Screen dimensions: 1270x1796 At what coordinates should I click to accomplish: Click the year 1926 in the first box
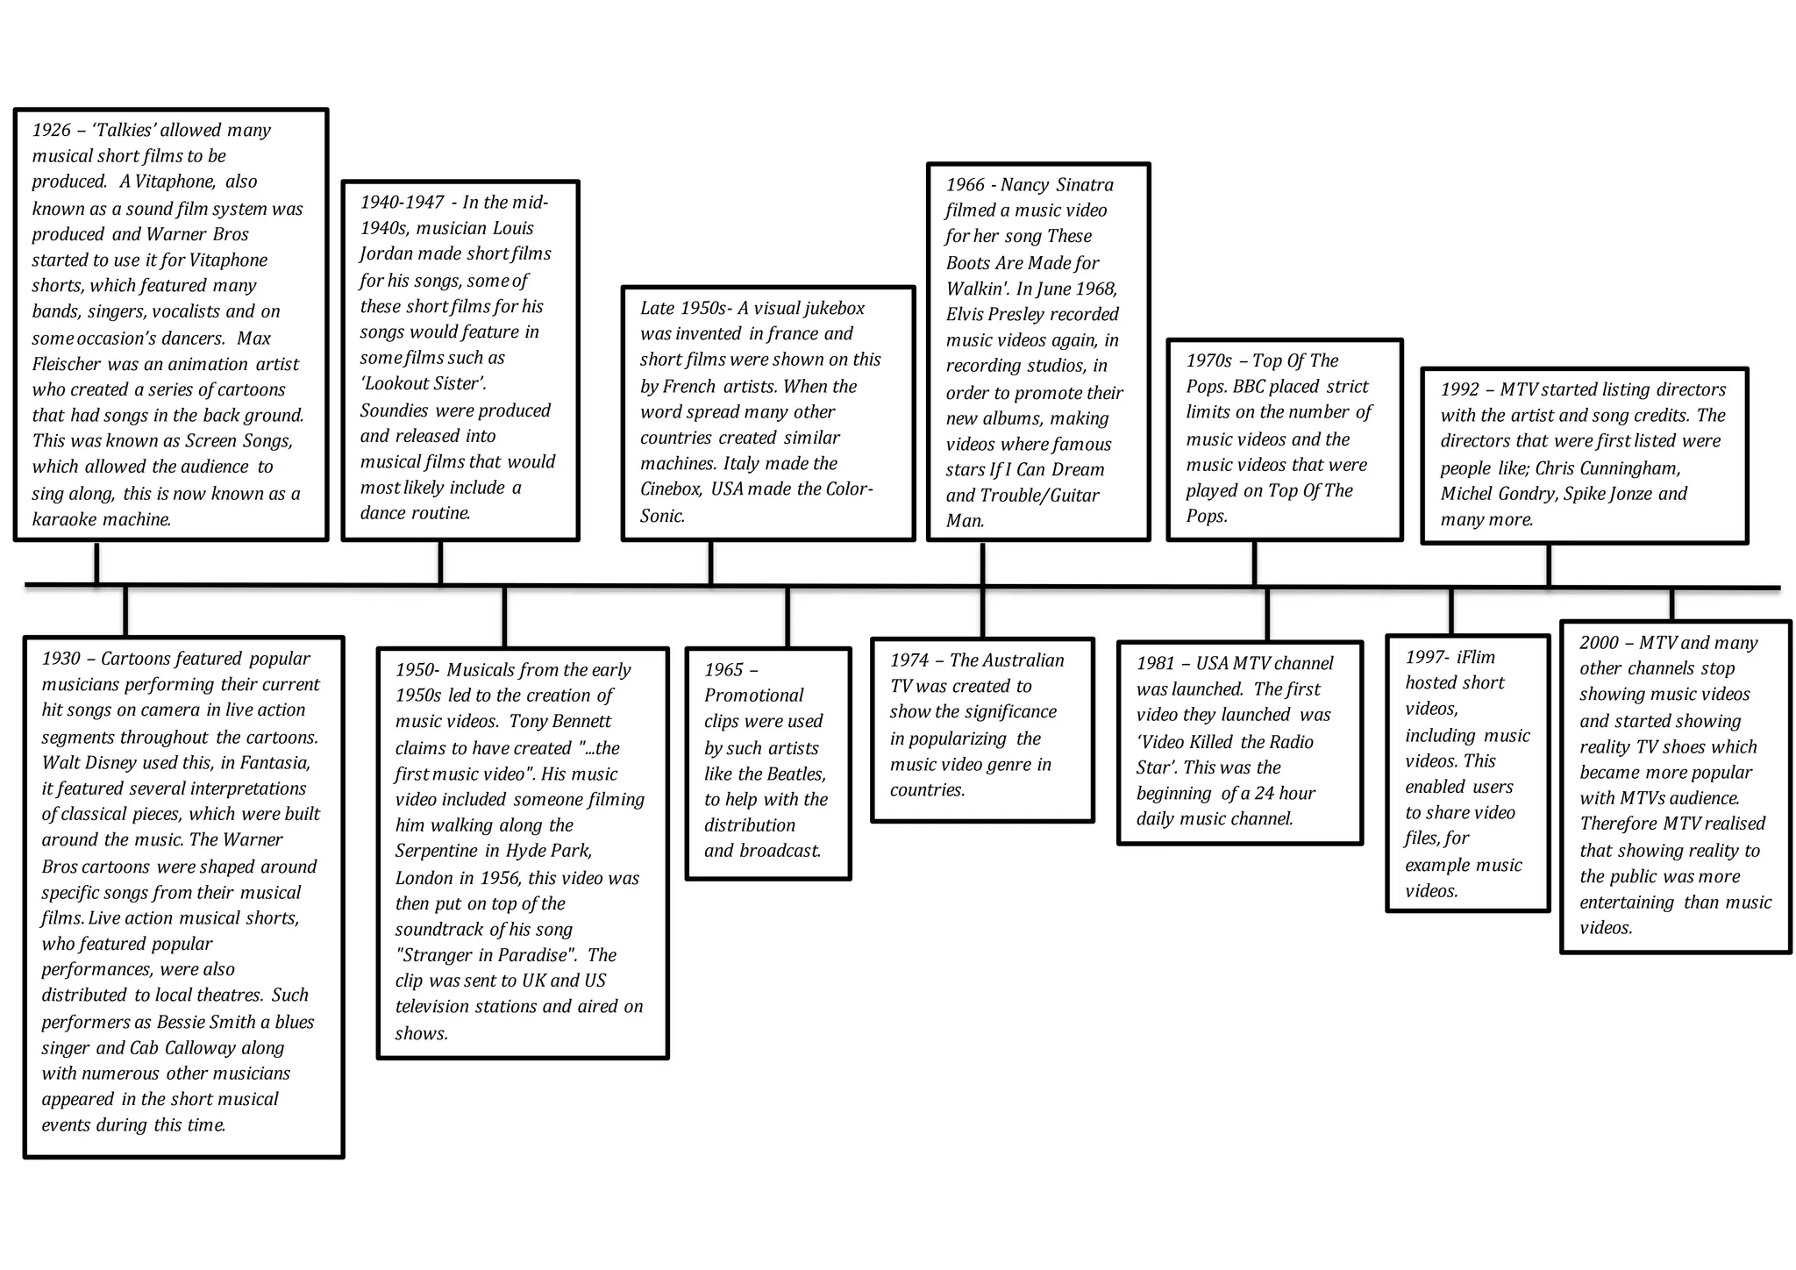pos(51,131)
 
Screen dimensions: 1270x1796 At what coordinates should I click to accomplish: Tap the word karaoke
pos(65,519)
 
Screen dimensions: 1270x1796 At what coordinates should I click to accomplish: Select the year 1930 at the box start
pos(61,659)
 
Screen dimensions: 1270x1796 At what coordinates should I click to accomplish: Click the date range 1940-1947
pos(402,203)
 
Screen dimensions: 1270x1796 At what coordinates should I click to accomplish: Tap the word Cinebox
pos(671,489)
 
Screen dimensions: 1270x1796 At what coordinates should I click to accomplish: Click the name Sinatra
pos(1085,185)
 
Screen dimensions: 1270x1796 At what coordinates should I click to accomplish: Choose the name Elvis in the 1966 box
pos(966,314)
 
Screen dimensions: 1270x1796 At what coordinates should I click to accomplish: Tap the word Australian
pos(1023,660)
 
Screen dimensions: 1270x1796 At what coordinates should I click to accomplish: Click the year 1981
pos(1155,664)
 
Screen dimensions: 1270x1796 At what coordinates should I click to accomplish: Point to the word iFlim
pos(1476,657)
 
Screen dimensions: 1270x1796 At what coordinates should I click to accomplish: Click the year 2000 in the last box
pos(1599,643)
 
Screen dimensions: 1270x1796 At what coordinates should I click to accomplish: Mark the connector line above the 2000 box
pos(1671,604)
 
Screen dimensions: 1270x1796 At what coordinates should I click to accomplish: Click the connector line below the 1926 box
pos(96,562)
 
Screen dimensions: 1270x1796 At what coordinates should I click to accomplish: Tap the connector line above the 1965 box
pos(788,617)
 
